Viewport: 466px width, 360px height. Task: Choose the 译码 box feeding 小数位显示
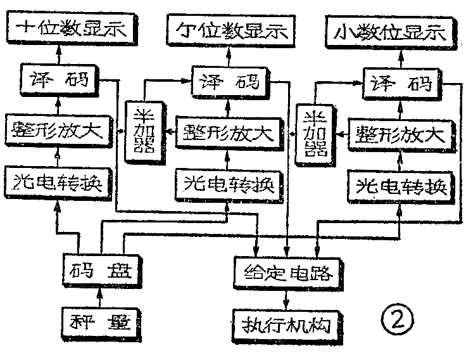pyautogui.click(x=402, y=83)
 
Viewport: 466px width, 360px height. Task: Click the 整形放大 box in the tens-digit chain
pyautogui.click(x=60, y=131)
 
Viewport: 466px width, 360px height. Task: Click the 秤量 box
pyautogui.click(x=98, y=322)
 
